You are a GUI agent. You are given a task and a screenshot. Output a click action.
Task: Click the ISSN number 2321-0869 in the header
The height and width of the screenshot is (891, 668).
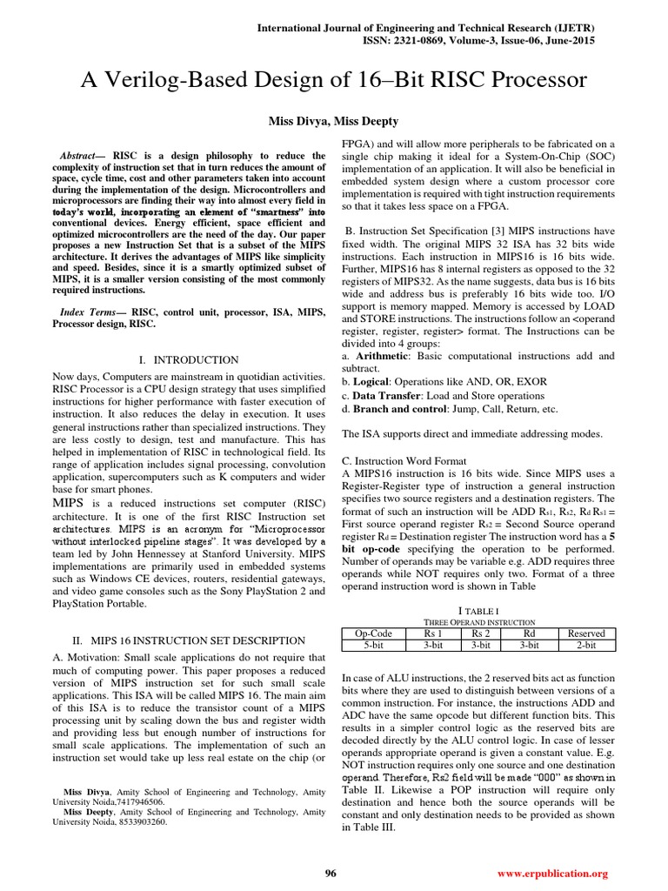(x=500, y=41)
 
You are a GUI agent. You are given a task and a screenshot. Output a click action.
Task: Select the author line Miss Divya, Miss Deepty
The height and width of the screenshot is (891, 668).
(x=333, y=119)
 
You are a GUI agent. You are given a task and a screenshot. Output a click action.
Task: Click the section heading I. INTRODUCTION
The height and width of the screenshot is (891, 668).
(x=189, y=359)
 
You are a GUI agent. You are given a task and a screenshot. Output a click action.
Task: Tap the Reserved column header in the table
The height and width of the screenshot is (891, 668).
(x=585, y=633)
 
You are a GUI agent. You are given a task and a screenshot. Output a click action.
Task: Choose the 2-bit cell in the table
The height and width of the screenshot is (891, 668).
(x=585, y=645)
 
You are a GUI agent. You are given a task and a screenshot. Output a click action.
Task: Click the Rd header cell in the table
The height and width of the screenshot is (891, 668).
(x=529, y=633)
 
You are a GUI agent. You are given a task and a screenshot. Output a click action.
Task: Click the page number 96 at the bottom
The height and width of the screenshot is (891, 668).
(x=331, y=873)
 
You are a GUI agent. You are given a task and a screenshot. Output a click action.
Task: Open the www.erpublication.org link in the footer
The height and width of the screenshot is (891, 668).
(x=551, y=873)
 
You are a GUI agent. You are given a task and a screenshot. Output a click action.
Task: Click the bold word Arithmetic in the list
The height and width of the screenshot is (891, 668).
(x=384, y=356)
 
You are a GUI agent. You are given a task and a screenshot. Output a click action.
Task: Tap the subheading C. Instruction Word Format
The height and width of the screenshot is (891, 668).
(x=404, y=460)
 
